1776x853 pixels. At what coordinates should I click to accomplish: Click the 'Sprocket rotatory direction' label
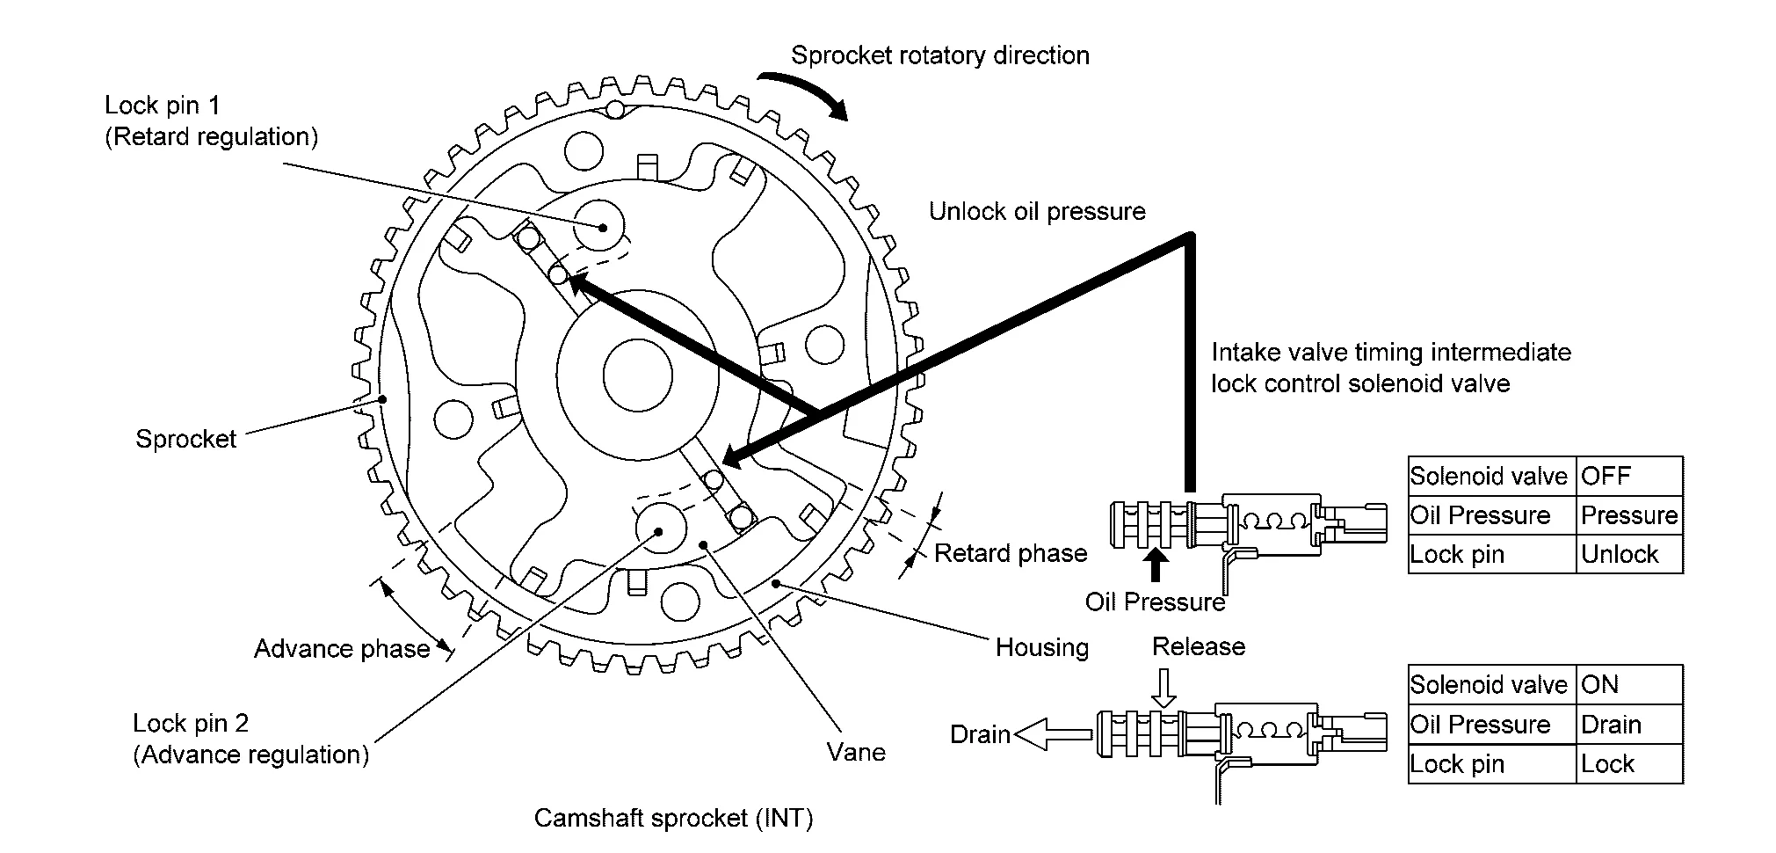[x=939, y=55]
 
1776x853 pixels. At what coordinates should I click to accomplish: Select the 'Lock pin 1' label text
[x=163, y=106]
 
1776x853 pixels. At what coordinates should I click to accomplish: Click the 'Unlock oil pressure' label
[x=1037, y=212]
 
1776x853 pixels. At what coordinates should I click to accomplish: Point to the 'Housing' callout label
[x=1041, y=648]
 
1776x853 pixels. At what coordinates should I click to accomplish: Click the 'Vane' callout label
[x=856, y=752]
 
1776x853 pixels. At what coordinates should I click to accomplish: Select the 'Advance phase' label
[x=342, y=649]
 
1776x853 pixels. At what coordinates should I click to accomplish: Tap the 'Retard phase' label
[x=1011, y=553]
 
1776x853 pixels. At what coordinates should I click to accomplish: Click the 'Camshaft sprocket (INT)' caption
[x=673, y=819]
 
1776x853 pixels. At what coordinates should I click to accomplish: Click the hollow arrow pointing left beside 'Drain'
[x=1052, y=733]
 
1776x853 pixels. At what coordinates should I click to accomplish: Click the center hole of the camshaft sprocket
[x=638, y=375]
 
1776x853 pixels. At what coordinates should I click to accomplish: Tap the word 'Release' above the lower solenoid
[x=1199, y=647]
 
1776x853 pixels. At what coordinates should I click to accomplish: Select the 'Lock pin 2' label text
[x=191, y=724]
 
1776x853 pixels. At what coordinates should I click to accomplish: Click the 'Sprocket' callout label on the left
[x=185, y=439]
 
